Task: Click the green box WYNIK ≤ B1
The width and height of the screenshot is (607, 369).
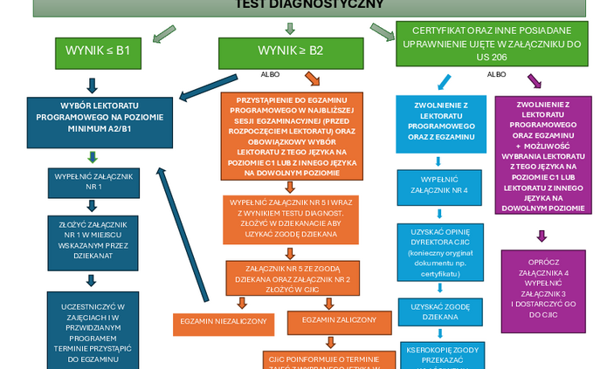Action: point(98,51)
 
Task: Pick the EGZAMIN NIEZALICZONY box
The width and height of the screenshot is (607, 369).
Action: point(210,321)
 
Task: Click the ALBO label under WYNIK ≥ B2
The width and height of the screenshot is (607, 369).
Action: point(271,74)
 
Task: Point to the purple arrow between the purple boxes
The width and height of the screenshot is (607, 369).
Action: point(541,236)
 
